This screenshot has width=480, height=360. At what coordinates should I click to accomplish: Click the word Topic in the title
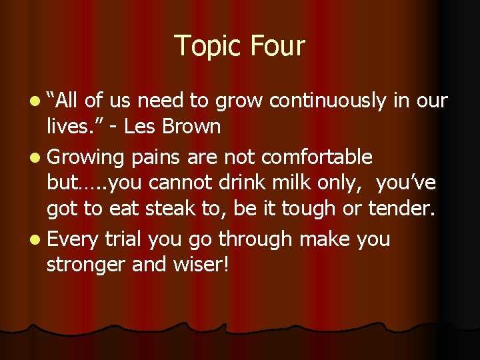pyautogui.click(x=207, y=47)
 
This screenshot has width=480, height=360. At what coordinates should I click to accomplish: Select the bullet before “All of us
pyautogui.click(x=33, y=101)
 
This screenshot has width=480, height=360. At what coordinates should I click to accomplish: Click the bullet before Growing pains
pyautogui.click(x=33, y=158)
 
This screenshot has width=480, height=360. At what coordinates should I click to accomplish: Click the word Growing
pyautogui.click(x=86, y=158)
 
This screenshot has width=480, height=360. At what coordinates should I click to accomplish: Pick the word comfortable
pyautogui.click(x=317, y=157)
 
